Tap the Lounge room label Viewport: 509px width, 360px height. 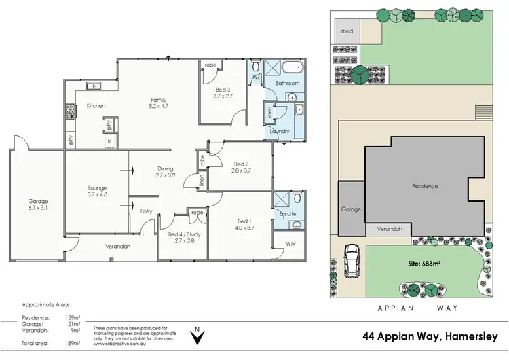coord(98,188)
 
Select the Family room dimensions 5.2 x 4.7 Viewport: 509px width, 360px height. coord(158,107)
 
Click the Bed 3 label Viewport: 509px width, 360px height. coord(223,90)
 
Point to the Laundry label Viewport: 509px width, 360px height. coord(280,131)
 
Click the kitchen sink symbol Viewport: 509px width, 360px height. coord(94,86)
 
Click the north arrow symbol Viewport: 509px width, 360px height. coord(197,333)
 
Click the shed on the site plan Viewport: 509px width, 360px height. coord(347,30)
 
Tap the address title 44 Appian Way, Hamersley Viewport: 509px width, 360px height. coord(430,337)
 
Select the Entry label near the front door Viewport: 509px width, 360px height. coord(146,211)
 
